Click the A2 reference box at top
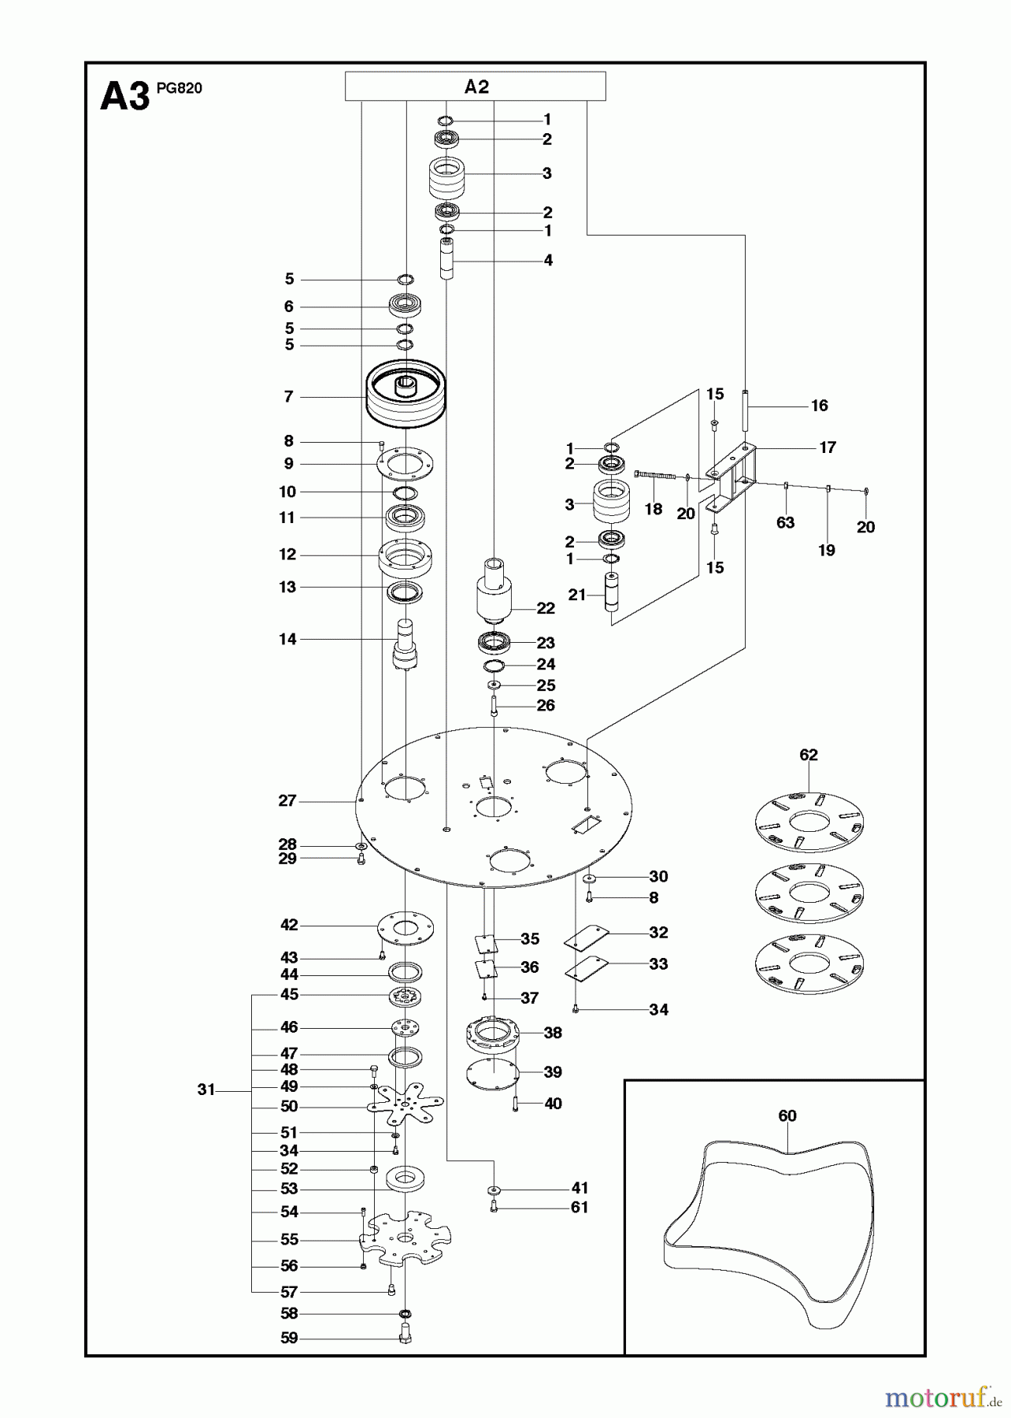click(x=475, y=86)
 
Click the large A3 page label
click(x=124, y=98)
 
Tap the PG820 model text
click(x=179, y=88)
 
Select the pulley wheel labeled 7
click(x=406, y=394)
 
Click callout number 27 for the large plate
click(x=287, y=801)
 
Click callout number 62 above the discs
click(x=809, y=755)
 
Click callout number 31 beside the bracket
click(x=206, y=1089)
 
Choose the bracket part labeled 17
click(x=735, y=476)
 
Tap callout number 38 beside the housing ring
click(x=553, y=1033)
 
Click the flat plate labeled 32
click(x=587, y=937)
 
